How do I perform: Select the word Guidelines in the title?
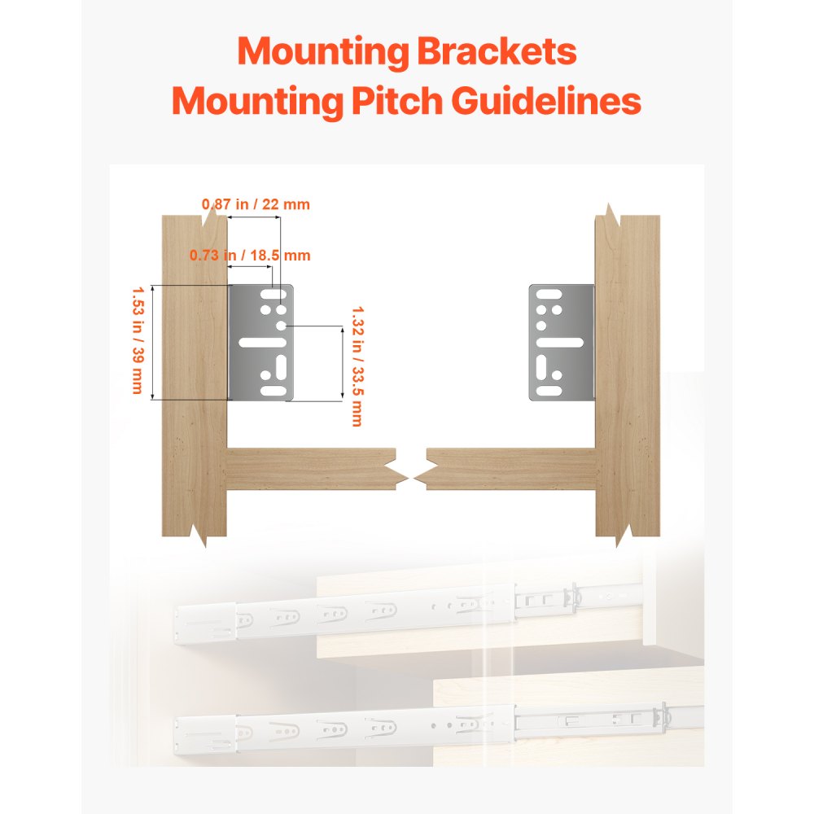(x=546, y=103)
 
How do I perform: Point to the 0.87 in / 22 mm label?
(x=256, y=204)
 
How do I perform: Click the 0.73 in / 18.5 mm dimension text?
(x=251, y=255)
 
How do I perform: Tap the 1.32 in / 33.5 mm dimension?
(x=356, y=365)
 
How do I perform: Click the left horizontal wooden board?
(x=309, y=470)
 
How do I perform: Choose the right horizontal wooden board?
(x=509, y=470)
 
